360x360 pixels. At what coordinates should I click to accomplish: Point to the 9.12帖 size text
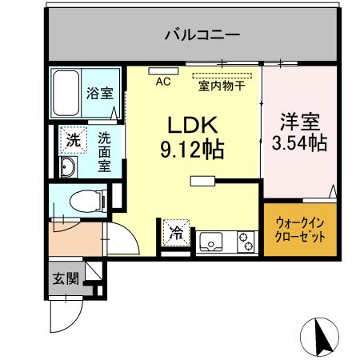point(191,149)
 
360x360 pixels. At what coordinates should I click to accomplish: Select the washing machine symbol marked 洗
point(73,139)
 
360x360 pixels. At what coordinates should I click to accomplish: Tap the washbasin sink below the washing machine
point(67,167)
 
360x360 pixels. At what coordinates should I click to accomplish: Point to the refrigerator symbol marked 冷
point(174,234)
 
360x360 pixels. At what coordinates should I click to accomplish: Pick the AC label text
point(163,81)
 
